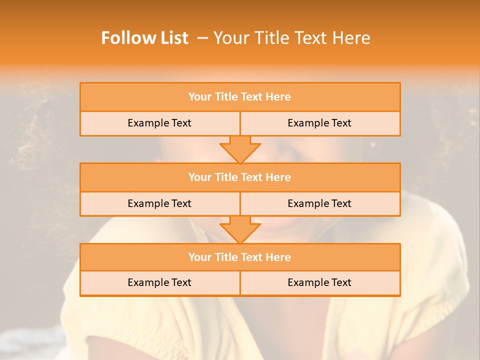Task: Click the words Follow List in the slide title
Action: click(144, 38)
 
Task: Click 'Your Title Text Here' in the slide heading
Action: click(291, 38)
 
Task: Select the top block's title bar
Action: click(240, 97)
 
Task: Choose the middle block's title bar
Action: click(240, 177)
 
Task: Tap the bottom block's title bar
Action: click(240, 257)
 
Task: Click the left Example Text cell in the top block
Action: click(159, 123)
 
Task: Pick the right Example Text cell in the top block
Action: click(319, 123)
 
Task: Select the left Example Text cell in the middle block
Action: click(159, 204)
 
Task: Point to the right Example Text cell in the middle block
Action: click(319, 204)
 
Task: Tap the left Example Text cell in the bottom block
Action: click(159, 283)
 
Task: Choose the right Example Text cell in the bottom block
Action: click(319, 283)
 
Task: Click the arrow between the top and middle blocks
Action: click(240, 149)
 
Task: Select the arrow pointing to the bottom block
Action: click(240, 230)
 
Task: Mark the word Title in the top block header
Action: click(226, 97)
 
